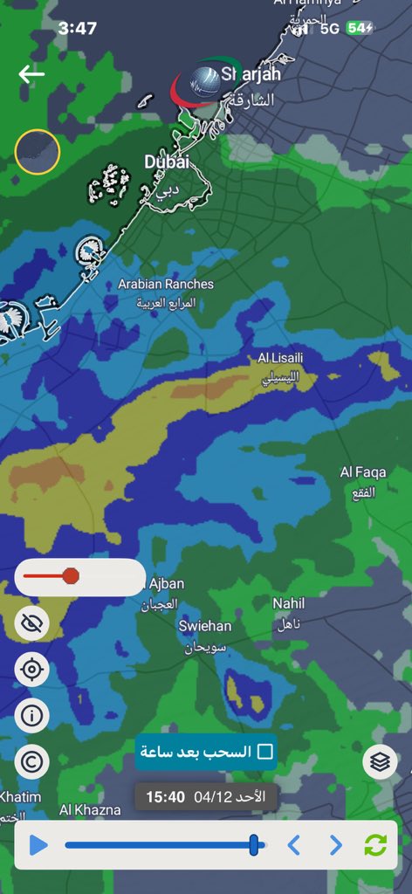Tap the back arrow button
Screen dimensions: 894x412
[31, 74]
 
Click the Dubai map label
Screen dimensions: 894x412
[166, 162]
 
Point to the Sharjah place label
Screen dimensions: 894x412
[250, 74]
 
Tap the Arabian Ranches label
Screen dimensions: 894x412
[166, 285]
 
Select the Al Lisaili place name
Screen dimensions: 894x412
[281, 358]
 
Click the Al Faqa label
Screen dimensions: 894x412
[363, 472]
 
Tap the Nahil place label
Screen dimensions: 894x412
[289, 603]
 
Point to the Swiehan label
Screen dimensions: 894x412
[205, 626]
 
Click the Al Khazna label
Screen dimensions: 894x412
[90, 810]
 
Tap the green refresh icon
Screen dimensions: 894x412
[375, 845]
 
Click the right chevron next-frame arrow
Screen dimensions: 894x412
[336, 845]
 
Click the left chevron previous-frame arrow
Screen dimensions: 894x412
[294, 845]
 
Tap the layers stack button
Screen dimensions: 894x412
[380, 762]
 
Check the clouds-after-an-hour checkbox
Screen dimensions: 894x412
[265, 752]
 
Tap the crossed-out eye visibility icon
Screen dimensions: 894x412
[32, 623]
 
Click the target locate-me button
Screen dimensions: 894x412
[32, 670]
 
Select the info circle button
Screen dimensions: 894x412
[32, 716]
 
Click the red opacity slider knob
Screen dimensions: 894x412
[71, 576]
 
